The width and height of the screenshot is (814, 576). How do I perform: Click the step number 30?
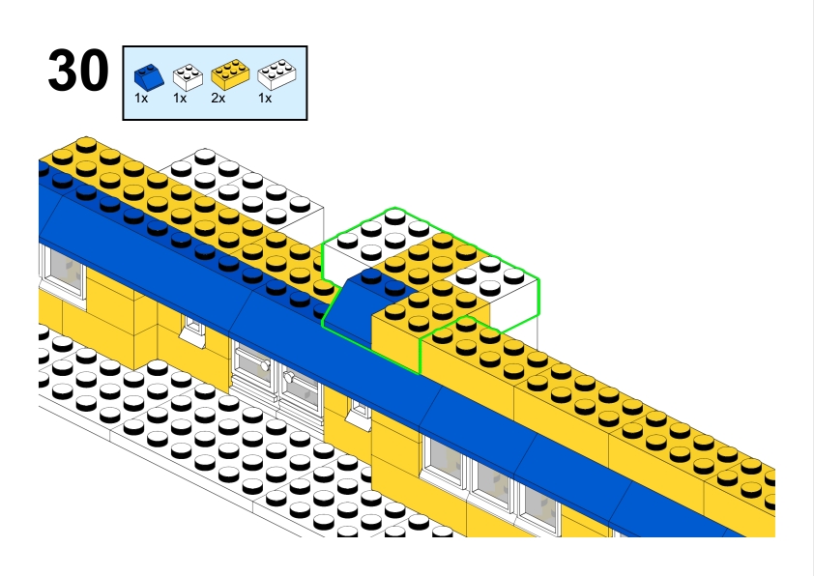pos(77,72)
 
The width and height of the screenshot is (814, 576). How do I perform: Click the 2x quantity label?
pos(218,98)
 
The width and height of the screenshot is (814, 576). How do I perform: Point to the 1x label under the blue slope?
pos(141,98)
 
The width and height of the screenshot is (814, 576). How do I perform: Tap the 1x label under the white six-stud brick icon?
pos(264,98)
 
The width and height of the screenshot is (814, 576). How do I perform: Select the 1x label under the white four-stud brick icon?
pos(180,98)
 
